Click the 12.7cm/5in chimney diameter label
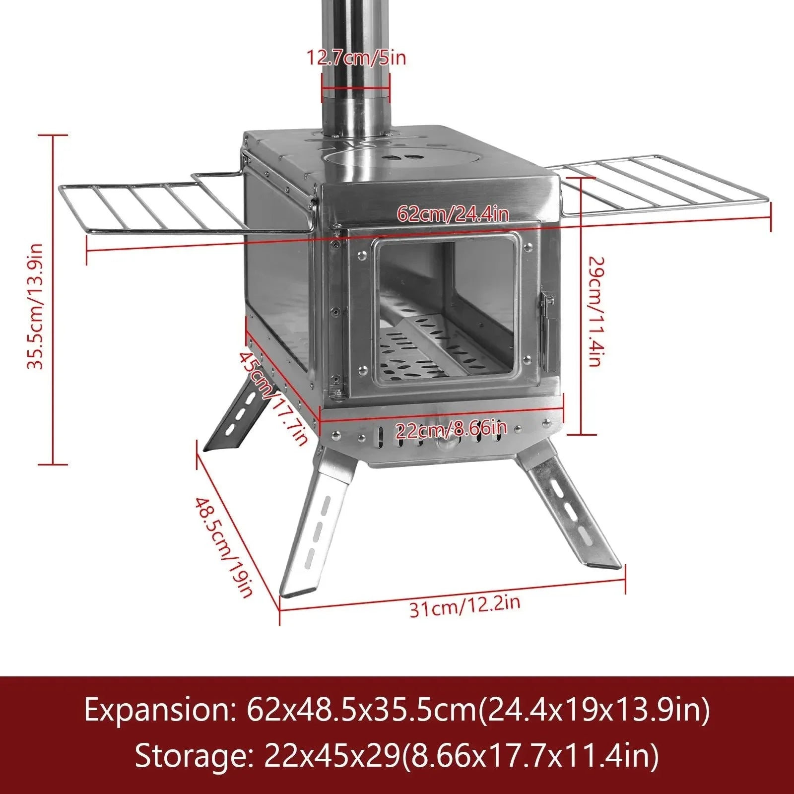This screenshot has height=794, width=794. [355, 58]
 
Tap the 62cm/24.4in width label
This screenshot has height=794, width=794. [453, 214]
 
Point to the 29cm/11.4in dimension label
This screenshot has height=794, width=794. [595, 312]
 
